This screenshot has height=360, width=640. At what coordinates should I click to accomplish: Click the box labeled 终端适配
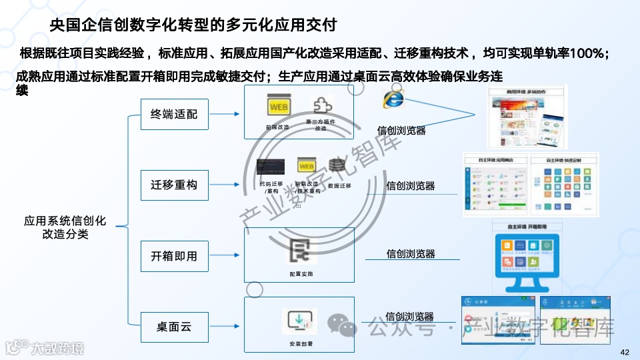(x=174, y=114)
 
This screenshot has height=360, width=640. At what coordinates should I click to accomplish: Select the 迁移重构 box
(x=174, y=185)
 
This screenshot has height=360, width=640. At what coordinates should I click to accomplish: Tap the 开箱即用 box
(x=174, y=256)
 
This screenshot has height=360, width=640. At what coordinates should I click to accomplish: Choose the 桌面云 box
(x=174, y=327)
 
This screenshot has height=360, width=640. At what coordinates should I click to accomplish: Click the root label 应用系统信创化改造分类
(x=65, y=227)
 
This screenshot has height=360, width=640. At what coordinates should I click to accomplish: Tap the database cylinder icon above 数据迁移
(x=339, y=166)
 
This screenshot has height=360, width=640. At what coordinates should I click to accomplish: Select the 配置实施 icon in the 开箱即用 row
(x=300, y=252)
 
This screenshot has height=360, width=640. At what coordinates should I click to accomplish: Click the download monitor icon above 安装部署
(x=299, y=322)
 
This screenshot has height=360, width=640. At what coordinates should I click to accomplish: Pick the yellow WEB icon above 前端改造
(x=277, y=107)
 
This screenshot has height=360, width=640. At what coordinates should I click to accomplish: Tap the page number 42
(x=625, y=352)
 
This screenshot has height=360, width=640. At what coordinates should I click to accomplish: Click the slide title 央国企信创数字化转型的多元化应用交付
(x=193, y=26)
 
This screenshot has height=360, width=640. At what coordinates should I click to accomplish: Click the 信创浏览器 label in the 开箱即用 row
(x=411, y=254)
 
